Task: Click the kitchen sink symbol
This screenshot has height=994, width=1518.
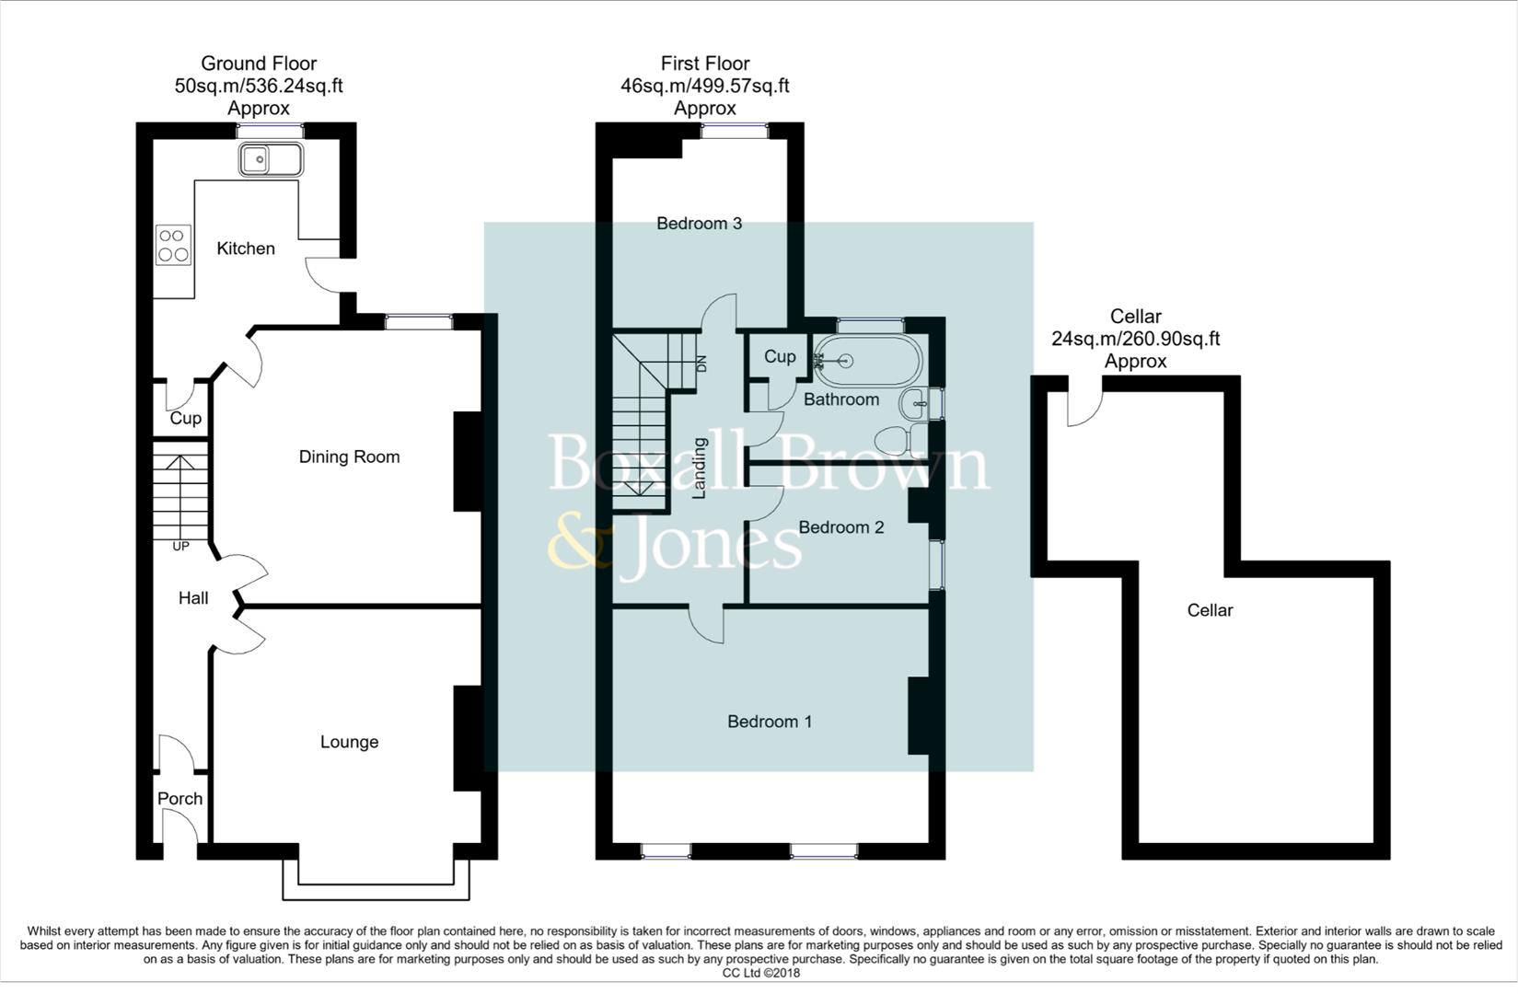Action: [x=271, y=160]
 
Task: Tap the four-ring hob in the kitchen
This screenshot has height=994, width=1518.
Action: [x=173, y=245]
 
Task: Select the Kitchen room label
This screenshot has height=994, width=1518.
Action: [x=246, y=248]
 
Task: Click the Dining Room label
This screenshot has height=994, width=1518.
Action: [x=349, y=457]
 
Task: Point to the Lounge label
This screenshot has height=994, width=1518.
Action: [x=349, y=742]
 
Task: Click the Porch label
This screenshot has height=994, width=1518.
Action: [x=180, y=799]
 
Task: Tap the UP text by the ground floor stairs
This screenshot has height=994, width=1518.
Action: [x=180, y=547]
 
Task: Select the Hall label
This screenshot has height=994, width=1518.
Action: [x=193, y=598]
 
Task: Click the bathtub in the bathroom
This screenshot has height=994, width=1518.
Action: [x=867, y=362]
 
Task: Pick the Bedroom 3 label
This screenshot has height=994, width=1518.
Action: [x=699, y=224]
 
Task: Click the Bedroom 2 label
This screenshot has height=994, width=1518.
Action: [x=840, y=527]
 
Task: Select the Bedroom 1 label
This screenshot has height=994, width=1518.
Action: [x=770, y=722]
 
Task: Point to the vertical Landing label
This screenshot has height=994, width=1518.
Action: [x=699, y=468]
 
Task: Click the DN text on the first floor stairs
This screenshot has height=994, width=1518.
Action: [x=701, y=364]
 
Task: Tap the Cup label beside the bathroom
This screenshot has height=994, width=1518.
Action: [x=780, y=356]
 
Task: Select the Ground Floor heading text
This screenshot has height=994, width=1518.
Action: [x=259, y=64]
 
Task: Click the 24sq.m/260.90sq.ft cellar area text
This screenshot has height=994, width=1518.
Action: [x=1135, y=339]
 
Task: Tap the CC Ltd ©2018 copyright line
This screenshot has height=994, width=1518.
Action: [x=760, y=973]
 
